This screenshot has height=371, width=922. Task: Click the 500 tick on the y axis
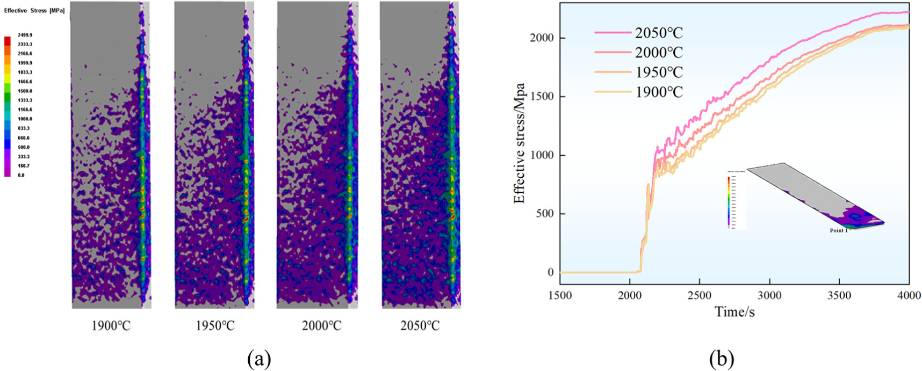[545, 214]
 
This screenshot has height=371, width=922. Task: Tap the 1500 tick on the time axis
[560, 295]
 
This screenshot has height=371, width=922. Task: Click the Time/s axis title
[734, 311]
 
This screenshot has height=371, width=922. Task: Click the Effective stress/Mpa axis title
[519, 143]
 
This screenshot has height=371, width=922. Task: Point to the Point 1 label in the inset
[839, 230]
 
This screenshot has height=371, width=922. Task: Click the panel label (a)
[259, 359]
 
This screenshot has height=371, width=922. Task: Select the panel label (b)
[721, 359]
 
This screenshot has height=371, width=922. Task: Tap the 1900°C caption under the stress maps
[111, 326]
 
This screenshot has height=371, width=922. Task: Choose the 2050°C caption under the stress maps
[420, 326]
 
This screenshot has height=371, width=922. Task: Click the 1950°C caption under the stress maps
[215, 326]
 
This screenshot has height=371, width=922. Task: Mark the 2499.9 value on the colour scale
[25, 35]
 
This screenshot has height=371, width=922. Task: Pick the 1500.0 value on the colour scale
[25, 91]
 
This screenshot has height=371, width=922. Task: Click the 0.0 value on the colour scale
[21, 175]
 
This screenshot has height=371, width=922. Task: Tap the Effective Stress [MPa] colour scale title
[34, 11]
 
